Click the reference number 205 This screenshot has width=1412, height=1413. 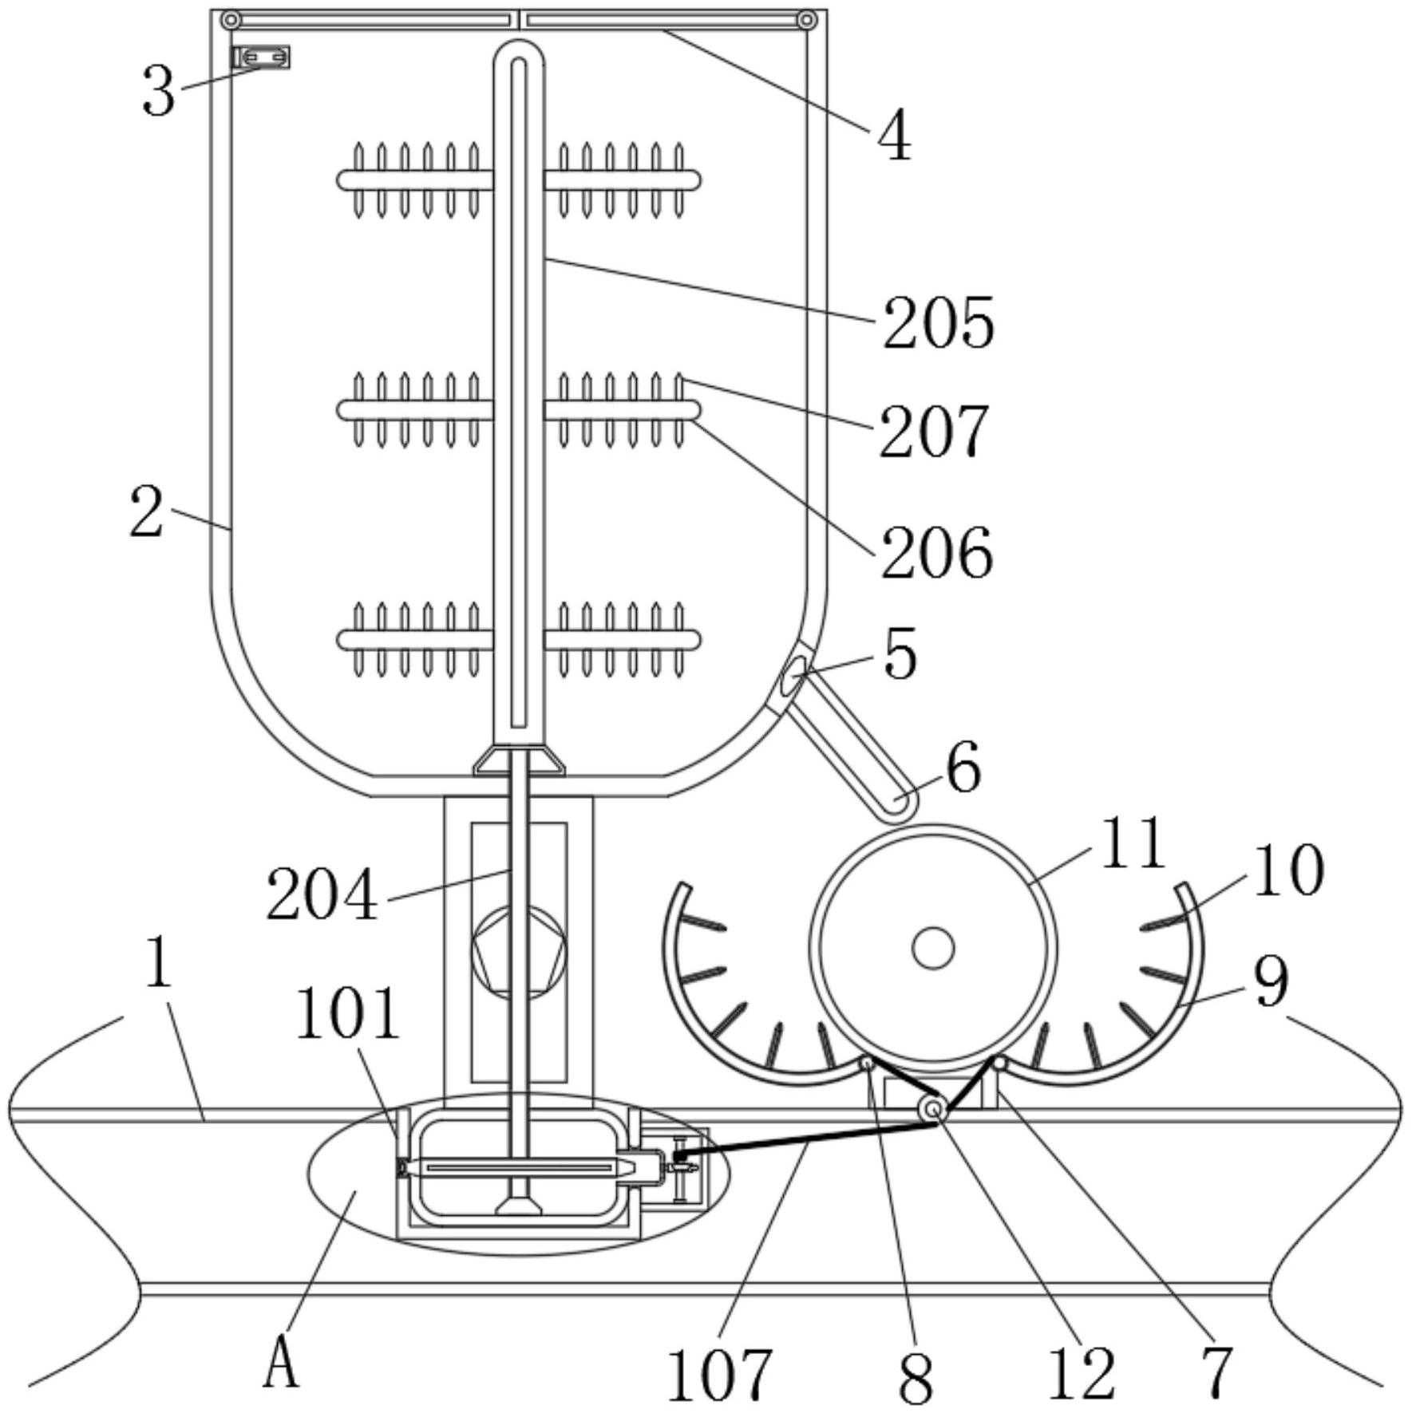939,322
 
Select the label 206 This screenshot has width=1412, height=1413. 937,552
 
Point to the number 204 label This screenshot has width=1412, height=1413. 322,895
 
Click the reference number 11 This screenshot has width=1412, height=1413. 1133,843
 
